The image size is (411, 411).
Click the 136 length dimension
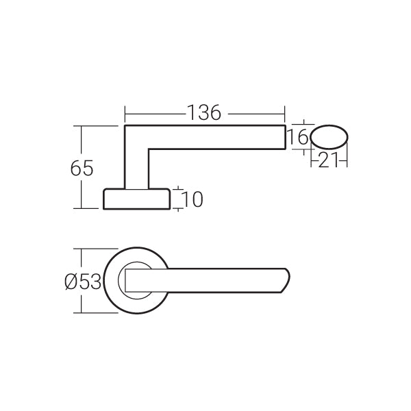pyautogui.click(x=205, y=113)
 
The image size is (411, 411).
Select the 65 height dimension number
pyautogui.click(x=82, y=169)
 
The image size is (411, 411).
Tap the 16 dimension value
pyautogui.click(x=298, y=137)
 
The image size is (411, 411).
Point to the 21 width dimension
pyautogui.click(x=328, y=160)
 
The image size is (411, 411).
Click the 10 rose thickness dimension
pyautogui.click(x=192, y=199)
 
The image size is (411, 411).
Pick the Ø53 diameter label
pyautogui.click(x=83, y=282)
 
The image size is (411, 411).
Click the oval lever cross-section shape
pyautogui.click(x=329, y=137)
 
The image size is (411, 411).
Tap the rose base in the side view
pyautogui.click(x=136, y=199)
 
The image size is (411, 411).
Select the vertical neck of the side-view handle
pyautogui.click(x=136, y=169)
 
